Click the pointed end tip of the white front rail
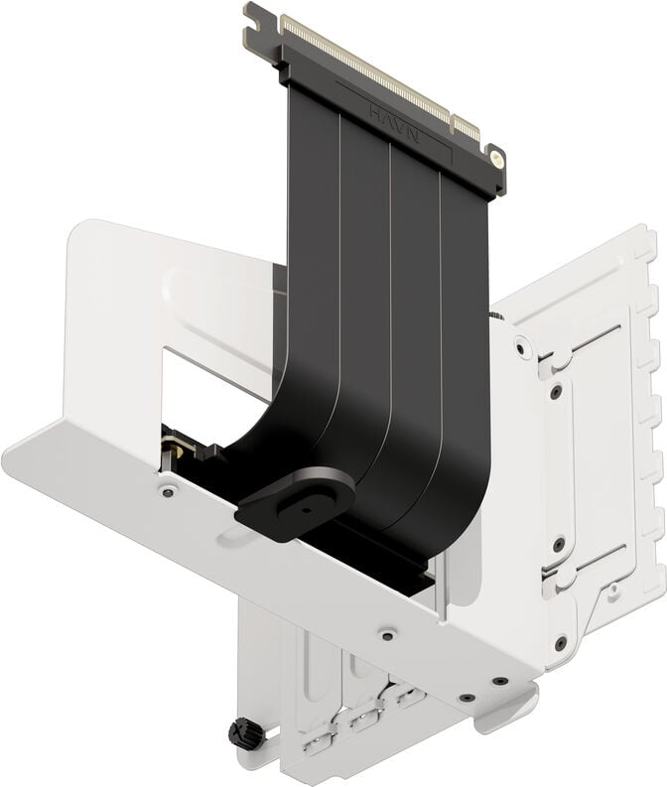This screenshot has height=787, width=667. point(10,459)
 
